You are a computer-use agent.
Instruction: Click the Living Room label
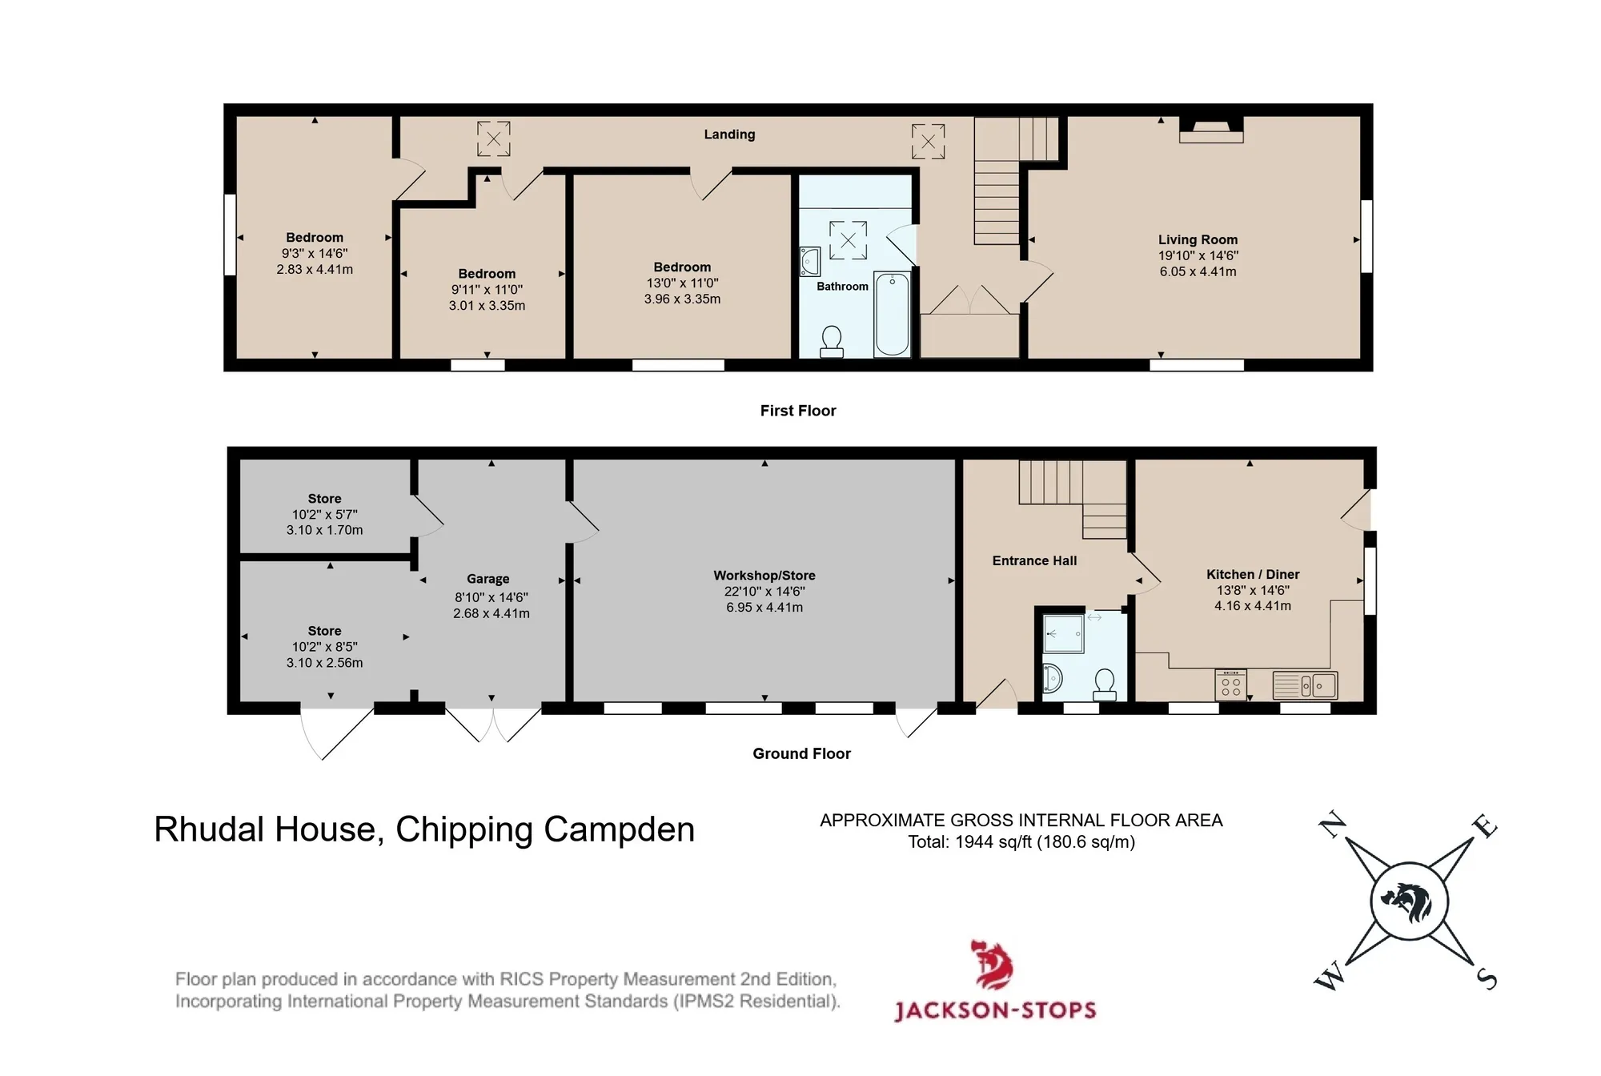point(1198,239)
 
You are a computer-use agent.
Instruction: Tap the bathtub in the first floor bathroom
point(892,314)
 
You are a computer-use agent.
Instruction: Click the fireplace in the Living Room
point(1211,130)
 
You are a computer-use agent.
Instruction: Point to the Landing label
point(729,134)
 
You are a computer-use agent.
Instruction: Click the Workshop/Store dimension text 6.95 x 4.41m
point(764,608)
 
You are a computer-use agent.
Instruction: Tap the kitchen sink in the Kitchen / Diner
point(1305,685)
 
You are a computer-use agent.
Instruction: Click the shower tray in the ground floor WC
point(1064,635)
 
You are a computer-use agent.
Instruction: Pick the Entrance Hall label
point(1034,561)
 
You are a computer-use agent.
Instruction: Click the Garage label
point(488,579)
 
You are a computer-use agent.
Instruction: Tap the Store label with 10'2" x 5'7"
point(324,499)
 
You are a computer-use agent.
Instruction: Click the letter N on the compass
point(1332,825)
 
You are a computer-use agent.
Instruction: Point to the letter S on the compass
point(1486,978)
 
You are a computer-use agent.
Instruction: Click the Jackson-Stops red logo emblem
point(992,965)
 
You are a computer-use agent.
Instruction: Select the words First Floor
point(798,411)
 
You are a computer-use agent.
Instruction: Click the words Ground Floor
point(801,753)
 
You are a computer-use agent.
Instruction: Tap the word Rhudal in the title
point(207,829)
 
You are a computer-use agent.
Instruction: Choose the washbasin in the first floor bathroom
point(809,261)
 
